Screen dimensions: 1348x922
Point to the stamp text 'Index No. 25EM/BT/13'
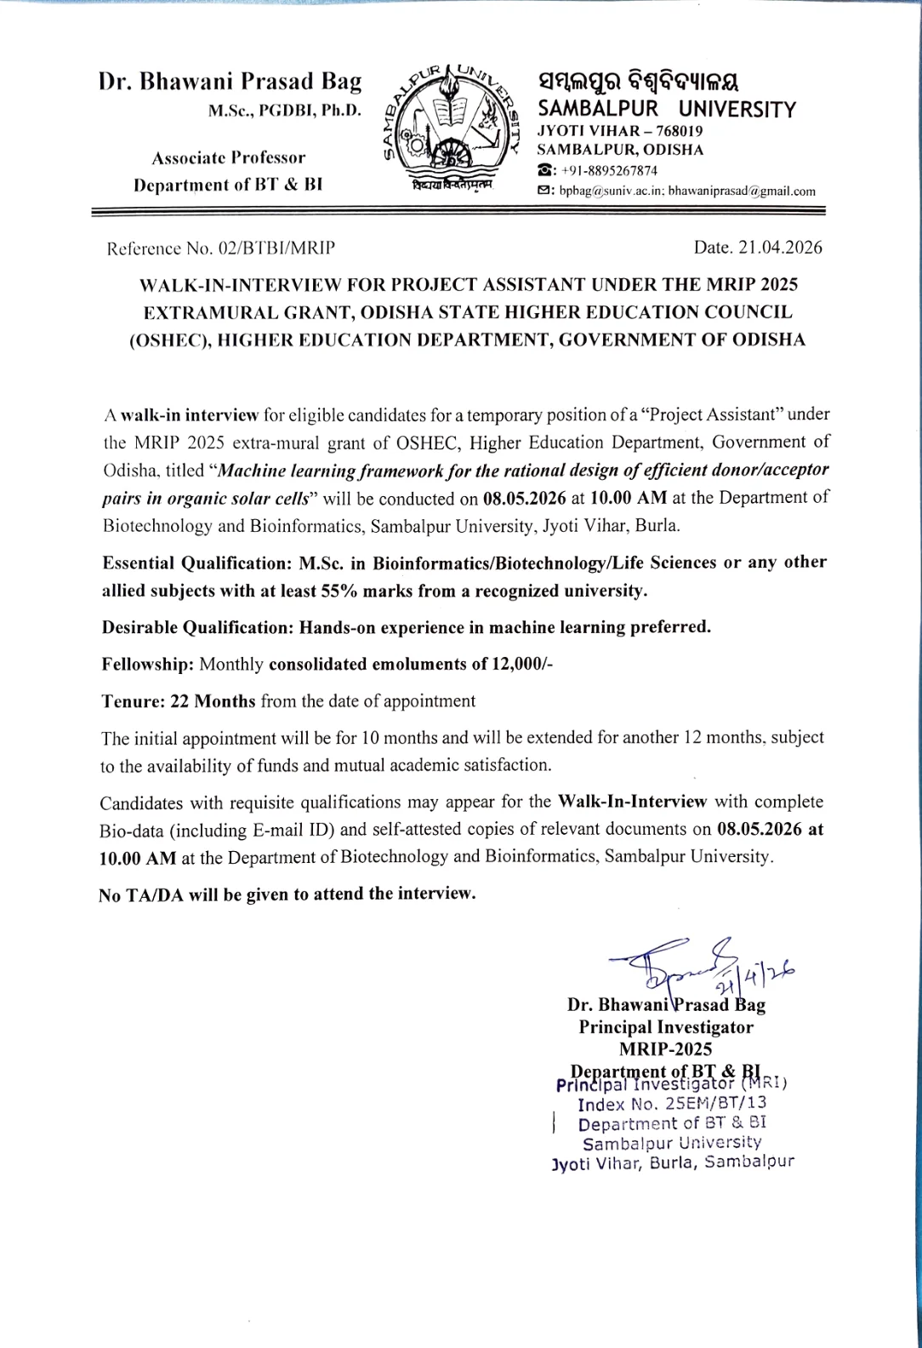point(672,1104)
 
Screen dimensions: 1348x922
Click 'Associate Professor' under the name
point(228,158)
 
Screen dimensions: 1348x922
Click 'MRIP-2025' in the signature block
point(666,1048)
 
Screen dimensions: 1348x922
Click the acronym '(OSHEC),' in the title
point(169,340)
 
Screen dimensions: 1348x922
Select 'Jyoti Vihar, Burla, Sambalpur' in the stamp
point(673,1162)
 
